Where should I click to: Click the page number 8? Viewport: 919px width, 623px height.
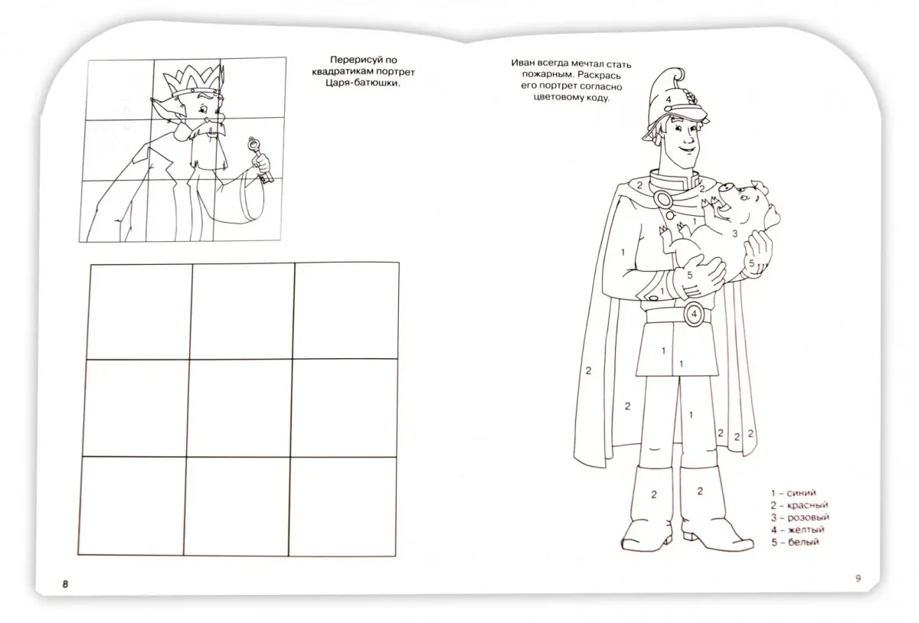65,584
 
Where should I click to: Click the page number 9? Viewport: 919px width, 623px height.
858,579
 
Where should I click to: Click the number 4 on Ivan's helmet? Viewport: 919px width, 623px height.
669,99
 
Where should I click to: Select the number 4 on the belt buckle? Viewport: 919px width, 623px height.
694,314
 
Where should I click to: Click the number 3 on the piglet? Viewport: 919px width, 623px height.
734,233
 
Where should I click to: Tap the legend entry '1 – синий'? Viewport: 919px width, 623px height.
793,493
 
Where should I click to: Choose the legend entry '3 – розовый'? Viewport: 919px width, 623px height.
800,517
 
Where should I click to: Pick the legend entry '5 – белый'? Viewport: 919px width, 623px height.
795,542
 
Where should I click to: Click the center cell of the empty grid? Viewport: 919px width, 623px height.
240,408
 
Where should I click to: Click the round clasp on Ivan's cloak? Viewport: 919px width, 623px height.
662,199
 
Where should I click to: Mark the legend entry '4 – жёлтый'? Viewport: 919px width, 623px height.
797,530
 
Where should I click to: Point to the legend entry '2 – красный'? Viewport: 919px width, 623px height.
800,505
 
